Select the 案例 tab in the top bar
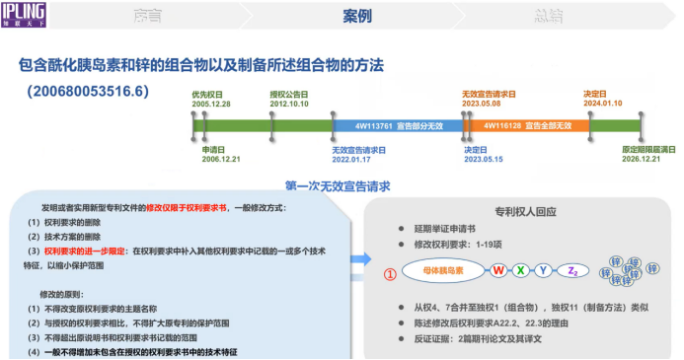[x=356, y=17]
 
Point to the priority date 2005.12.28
[x=210, y=102]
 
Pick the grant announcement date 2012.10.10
[x=289, y=102]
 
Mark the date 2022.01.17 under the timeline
[x=357, y=158]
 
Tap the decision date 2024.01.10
[x=601, y=102]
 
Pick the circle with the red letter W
[x=498, y=270]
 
